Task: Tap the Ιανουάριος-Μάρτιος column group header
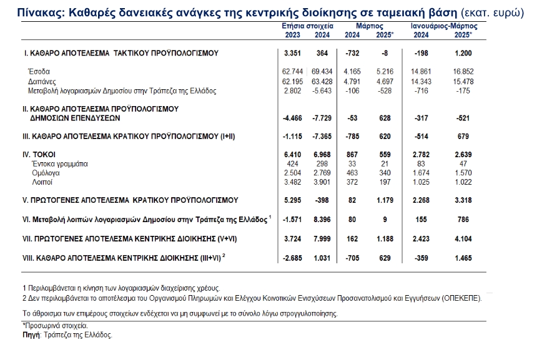443,27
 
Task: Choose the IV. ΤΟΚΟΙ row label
37,153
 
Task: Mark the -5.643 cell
320,90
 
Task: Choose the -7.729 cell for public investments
320,117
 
